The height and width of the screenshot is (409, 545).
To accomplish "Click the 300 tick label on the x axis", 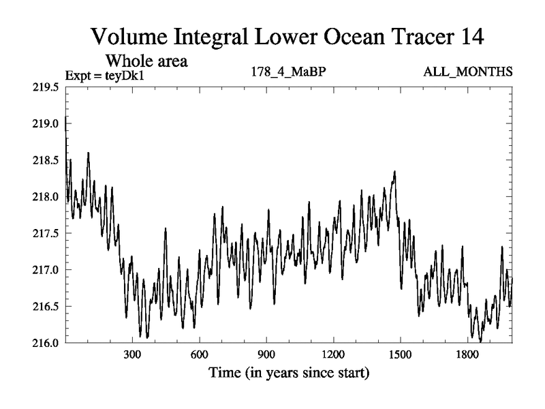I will coord(132,354).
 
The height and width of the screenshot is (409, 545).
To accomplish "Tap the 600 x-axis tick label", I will coord(199,354).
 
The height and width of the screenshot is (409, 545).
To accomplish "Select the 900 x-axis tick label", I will coord(266,354).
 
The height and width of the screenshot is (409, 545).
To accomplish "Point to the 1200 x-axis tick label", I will coord(333,354).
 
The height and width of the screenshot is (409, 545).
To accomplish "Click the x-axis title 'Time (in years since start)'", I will coord(289,373).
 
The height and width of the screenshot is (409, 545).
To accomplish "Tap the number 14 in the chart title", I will coord(470,36).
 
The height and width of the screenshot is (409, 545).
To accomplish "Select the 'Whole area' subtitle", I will coord(146,61).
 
